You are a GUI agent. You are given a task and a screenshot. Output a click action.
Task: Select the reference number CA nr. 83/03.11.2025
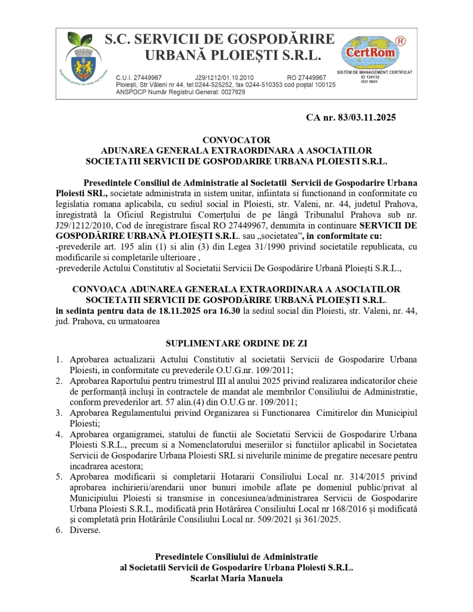tap(351, 117)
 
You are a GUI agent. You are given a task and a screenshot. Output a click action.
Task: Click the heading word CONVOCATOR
tap(236, 140)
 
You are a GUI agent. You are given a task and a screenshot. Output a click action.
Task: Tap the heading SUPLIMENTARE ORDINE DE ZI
tap(236, 343)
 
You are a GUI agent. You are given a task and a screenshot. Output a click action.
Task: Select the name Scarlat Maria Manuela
tap(236, 578)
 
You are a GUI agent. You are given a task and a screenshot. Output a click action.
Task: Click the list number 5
tap(59, 476)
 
